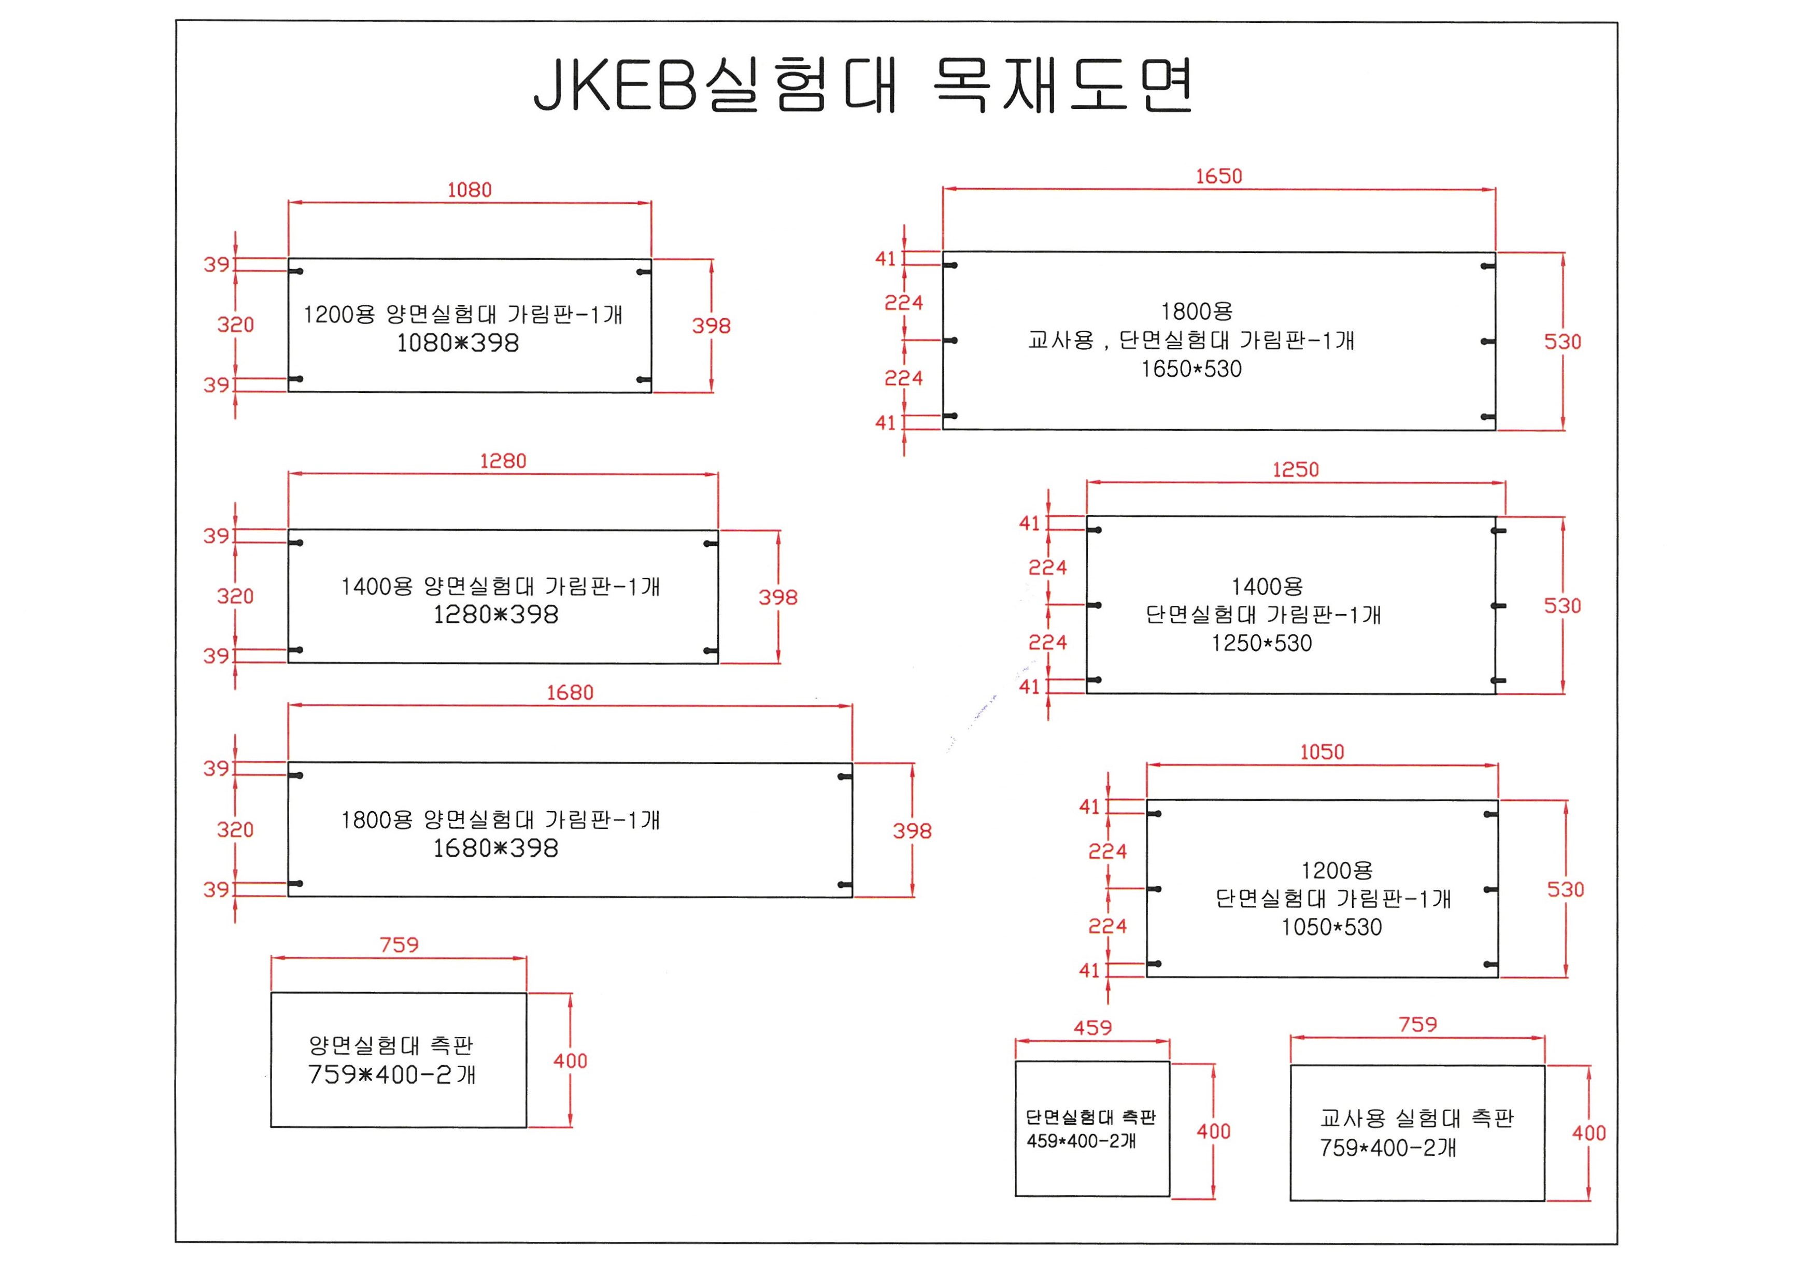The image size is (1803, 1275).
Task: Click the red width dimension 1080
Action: [470, 190]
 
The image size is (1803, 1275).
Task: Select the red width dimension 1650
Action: [1219, 177]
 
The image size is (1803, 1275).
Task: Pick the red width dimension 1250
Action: [1296, 470]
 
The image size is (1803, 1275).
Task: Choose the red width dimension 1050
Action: [1323, 752]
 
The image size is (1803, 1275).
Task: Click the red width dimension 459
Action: [1093, 1028]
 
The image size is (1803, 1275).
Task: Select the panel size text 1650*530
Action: [1191, 369]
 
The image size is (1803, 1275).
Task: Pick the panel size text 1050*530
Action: [1332, 927]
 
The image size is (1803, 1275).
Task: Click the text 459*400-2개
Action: [1081, 1141]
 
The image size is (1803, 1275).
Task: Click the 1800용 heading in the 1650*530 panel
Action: [1197, 311]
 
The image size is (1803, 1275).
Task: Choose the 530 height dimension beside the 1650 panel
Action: [1563, 342]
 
